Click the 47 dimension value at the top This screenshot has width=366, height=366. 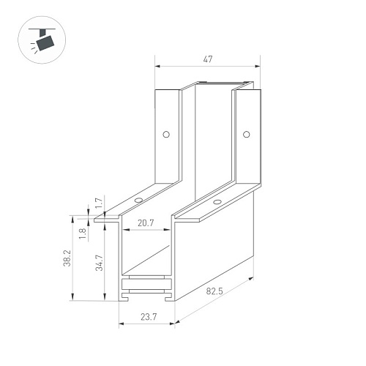[x=208, y=59]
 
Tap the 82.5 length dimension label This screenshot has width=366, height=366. [x=214, y=291]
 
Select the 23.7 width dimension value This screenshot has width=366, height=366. [x=149, y=317]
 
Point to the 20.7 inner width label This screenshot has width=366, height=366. [x=146, y=223]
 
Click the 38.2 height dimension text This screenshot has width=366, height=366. [x=67, y=258]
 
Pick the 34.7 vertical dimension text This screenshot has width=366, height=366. [x=99, y=263]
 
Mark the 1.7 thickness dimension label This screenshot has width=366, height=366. [x=99, y=203]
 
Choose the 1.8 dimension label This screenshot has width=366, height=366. [x=83, y=234]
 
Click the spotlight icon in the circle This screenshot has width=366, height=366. [x=42, y=40]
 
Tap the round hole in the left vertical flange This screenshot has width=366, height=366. [x=166, y=134]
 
